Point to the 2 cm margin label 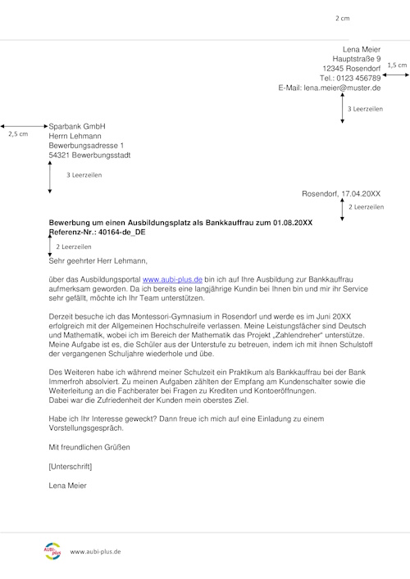[x=342, y=17]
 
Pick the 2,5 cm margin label [x=16, y=133]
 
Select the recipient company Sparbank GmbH [x=78, y=126]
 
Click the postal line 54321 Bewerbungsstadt [x=89, y=154]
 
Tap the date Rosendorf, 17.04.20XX [x=341, y=194]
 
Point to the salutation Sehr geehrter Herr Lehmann [x=98, y=261]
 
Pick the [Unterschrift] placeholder [x=70, y=467]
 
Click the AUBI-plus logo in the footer [x=52, y=551]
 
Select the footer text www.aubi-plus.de [x=96, y=552]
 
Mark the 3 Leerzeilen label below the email [x=365, y=108]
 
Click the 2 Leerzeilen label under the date [x=366, y=208]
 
